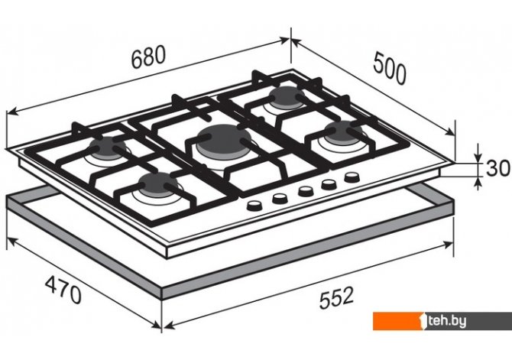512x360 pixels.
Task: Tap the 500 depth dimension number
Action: click(390, 67)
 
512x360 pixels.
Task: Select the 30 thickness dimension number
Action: click(497, 168)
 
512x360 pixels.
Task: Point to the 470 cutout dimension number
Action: click(63, 290)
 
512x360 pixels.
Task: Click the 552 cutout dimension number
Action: click(336, 297)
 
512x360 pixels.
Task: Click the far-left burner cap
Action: click(107, 147)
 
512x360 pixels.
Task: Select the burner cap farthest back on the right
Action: click(287, 96)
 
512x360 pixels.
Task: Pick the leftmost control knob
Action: click(254, 205)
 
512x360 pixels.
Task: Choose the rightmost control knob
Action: click(352, 178)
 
